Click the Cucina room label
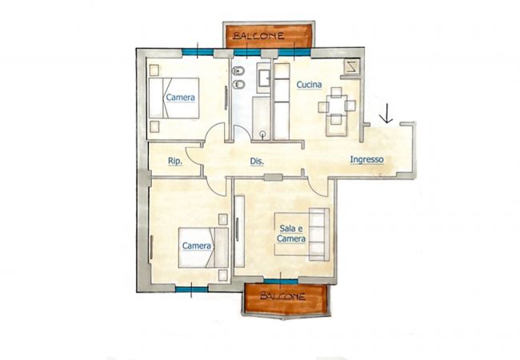coord(309,85)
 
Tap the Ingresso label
coord(366,159)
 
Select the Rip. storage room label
coord(174,161)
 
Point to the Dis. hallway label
coord(257,162)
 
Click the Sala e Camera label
coord(291,234)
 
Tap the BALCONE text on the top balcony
coord(258,35)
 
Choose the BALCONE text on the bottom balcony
coord(282,296)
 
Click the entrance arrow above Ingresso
coord(386,114)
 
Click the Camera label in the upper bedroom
coord(181,98)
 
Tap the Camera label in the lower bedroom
coord(196,246)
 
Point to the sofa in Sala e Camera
coord(319,234)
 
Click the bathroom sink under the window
coord(264,78)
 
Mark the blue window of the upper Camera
coord(198,52)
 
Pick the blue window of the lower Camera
coord(192,290)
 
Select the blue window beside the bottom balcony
coord(281,282)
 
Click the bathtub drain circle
coord(263,134)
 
